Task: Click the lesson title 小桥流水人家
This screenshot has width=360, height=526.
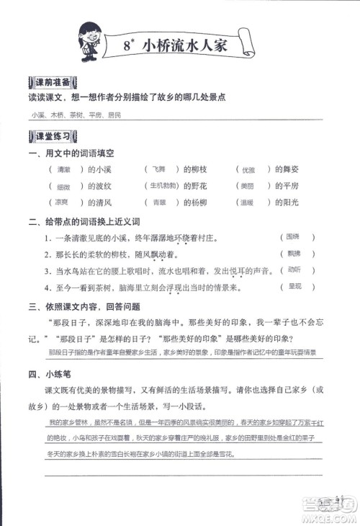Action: (x=185, y=45)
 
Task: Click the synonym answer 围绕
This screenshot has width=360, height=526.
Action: (x=292, y=236)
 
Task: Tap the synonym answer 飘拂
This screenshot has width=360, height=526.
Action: (x=292, y=253)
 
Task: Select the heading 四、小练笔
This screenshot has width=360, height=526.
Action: (x=46, y=374)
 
